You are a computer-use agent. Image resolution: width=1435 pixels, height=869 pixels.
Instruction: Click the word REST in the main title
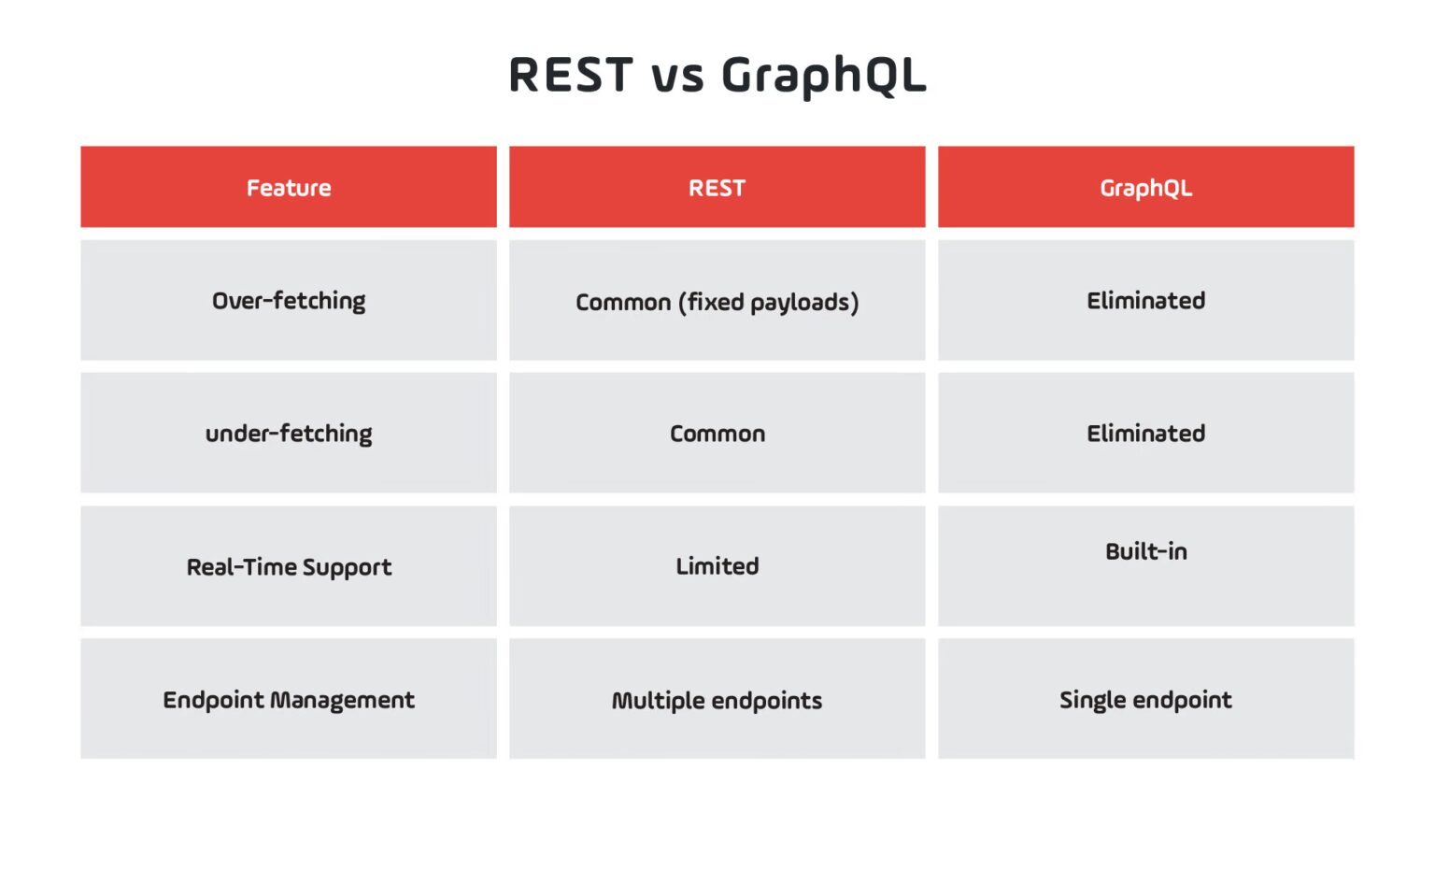click(x=571, y=75)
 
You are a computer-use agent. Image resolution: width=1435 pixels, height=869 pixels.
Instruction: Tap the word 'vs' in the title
click(x=677, y=77)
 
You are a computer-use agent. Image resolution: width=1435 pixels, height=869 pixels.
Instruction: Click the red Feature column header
click(x=289, y=188)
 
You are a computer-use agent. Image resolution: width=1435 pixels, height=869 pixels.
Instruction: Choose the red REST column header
click(x=717, y=188)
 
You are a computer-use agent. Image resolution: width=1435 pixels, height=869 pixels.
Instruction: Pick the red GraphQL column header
click(x=1145, y=188)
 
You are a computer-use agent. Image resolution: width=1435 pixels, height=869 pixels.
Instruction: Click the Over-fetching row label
click(x=289, y=301)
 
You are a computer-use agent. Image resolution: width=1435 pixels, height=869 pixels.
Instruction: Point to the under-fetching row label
click(x=289, y=434)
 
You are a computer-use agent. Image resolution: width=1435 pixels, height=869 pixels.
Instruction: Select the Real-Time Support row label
click(x=289, y=567)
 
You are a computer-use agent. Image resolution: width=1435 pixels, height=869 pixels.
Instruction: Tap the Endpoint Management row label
click(x=289, y=700)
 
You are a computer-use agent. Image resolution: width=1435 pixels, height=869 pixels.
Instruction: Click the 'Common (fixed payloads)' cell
click(x=717, y=302)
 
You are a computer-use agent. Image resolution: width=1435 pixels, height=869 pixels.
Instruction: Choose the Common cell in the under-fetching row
click(x=717, y=434)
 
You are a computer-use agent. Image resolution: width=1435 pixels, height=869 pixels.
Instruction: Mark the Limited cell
click(x=717, y=566)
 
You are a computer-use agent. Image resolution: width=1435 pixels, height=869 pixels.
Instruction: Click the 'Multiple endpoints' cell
click(x=717, y=701)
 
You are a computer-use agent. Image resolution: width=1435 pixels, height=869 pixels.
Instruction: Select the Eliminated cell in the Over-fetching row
click(x=1145, y=301)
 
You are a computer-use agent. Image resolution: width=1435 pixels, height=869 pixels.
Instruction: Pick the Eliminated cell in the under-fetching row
click(x=1145, y=434)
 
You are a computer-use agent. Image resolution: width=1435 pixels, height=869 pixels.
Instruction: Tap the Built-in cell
click(x=1145, y=552)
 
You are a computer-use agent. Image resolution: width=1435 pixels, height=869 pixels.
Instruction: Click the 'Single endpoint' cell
click(x=1145, y=700)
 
